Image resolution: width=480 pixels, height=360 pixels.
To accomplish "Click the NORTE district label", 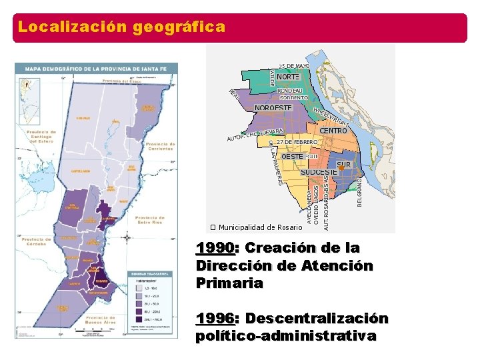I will [287, 77].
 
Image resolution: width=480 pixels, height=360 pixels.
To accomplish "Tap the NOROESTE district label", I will [273, 108].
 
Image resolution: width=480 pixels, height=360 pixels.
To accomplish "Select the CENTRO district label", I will [333, 131].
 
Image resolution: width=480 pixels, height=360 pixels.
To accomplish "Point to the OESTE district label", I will [293, 156].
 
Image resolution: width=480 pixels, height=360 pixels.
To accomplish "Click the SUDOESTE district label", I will [319, 172].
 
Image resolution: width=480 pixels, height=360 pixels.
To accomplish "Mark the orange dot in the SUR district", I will [341, 169].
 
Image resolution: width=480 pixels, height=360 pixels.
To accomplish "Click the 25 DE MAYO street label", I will [294, 66].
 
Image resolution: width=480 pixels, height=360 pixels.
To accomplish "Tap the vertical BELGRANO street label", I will [360, 191].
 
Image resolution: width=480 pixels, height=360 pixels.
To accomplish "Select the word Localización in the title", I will [73, 27].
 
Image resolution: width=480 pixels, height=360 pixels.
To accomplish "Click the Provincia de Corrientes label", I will [160, 145].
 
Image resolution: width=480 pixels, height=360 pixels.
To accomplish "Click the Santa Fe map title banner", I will [96, 69].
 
